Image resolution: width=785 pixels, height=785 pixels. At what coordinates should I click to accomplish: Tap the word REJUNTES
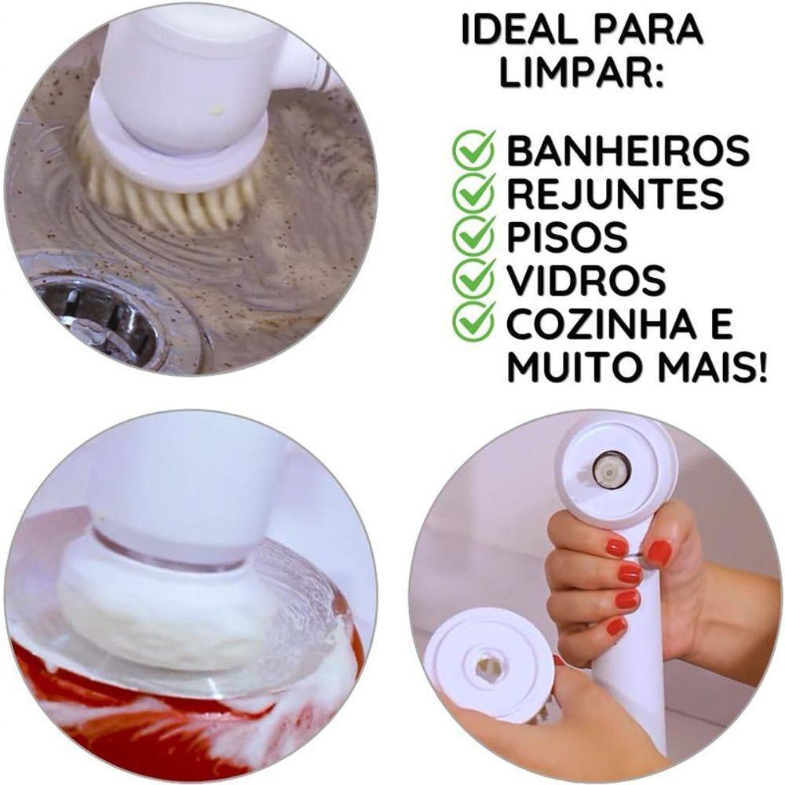[615, 194]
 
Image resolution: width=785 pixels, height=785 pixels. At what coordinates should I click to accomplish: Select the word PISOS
[568, 236]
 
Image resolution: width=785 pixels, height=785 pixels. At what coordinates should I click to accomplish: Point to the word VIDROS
[586, 279]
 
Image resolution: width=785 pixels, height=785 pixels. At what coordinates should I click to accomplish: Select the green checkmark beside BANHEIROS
[474, 151]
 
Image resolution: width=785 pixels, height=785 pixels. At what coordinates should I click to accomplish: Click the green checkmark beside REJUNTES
[474, 193]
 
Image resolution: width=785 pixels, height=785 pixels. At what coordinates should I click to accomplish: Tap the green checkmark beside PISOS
[474, 235]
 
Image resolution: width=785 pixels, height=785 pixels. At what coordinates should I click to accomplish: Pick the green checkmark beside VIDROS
[474, 279]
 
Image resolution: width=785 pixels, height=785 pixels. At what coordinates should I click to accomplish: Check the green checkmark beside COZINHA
[474, 322]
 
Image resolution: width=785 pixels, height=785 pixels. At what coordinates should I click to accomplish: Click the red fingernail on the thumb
[659, 552]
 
